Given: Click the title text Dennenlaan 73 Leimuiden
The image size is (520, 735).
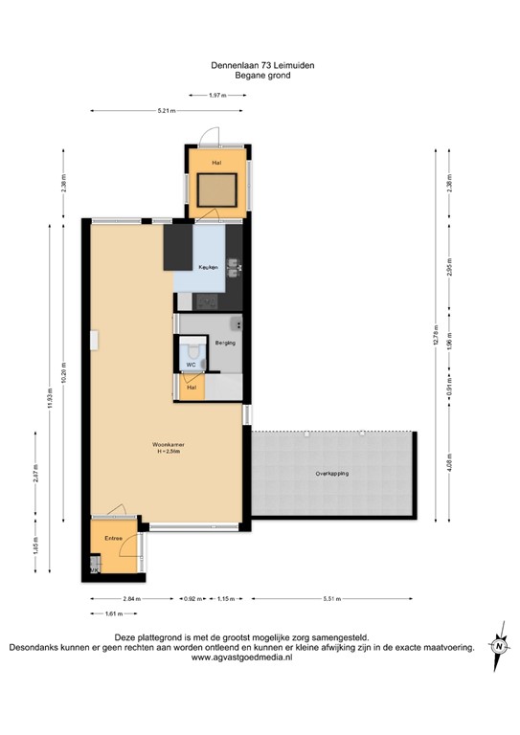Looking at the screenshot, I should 261,65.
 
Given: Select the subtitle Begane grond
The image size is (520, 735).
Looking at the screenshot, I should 261,75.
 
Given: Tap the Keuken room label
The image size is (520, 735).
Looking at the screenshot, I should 207,266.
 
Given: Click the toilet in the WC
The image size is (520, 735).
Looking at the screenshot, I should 192,349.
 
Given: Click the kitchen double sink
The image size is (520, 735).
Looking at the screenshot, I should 232,274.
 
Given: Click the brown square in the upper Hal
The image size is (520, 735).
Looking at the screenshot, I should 217,190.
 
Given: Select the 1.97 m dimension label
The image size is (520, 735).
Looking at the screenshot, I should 216,95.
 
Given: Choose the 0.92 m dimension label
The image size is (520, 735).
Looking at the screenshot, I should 192,598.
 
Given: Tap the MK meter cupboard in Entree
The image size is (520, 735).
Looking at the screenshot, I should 94,569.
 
